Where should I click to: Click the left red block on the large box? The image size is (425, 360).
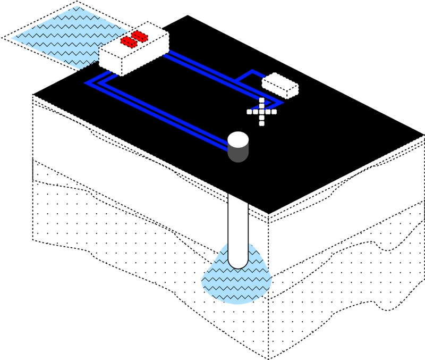127,41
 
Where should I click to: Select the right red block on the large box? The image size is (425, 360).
140,36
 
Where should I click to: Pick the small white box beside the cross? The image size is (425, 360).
280,85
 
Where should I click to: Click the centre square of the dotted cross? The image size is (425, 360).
262,112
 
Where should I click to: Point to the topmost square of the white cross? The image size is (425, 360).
262,101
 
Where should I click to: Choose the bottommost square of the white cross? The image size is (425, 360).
262,123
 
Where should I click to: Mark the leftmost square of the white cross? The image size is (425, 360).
250,112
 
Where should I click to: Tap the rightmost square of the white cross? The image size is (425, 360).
274,112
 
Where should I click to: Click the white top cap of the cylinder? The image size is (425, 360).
238,139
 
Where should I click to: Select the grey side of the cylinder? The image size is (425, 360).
238,154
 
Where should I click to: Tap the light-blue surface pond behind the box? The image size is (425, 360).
58,35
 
